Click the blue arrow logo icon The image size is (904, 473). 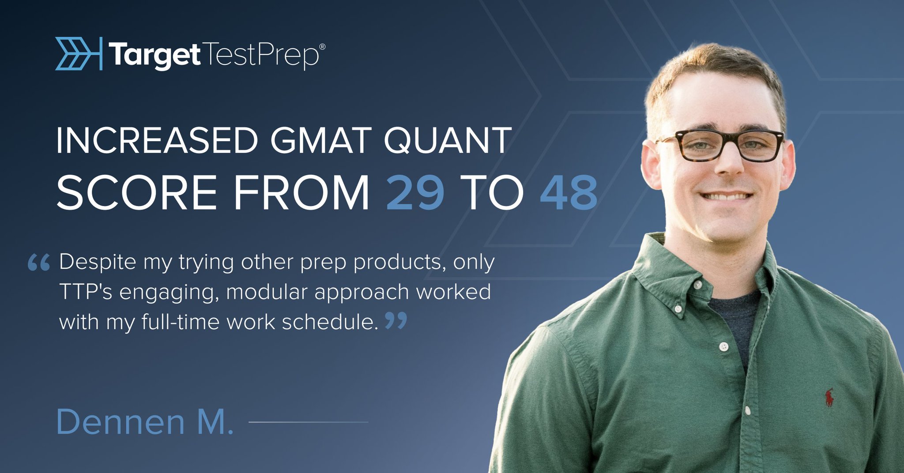[79, 53]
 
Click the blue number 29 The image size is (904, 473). [415, 192]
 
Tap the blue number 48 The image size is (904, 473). [569, 192]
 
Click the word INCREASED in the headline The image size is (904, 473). [157, 140]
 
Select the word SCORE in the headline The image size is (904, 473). [136, 192]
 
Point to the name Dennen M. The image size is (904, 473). [145, 422]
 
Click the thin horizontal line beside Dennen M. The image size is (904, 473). [309, 422]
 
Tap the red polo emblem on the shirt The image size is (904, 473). [829, 397]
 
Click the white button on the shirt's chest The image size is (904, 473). [723, 347]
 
